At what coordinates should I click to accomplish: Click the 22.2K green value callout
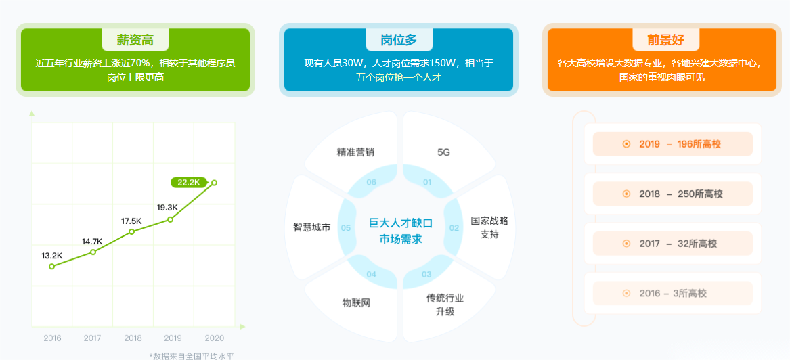point(189,182)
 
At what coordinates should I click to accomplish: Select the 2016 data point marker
point(51,267)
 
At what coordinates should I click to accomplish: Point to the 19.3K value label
point(167,208)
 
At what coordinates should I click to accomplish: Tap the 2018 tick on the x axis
point(133,338)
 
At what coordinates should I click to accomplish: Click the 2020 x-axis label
point(214,338)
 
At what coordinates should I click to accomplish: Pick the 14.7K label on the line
point(92,242)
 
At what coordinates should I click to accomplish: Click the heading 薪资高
point(135,40)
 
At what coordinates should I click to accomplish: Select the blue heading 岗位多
point(399,40)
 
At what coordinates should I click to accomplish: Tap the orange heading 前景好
point(665,40)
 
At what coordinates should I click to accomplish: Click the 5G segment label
point(443,152)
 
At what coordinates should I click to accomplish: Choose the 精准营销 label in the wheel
point(355,152)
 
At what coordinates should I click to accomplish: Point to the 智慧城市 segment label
point(312,227)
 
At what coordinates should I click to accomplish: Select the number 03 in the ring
point(426,275)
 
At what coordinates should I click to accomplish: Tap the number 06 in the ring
point(372,182)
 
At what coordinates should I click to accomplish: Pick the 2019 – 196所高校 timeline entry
point(673,144)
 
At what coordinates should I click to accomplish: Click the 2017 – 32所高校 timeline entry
point(673,244)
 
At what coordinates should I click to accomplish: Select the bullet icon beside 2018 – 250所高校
point(627,194)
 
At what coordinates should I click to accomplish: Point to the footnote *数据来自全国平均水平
point(192,356)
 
